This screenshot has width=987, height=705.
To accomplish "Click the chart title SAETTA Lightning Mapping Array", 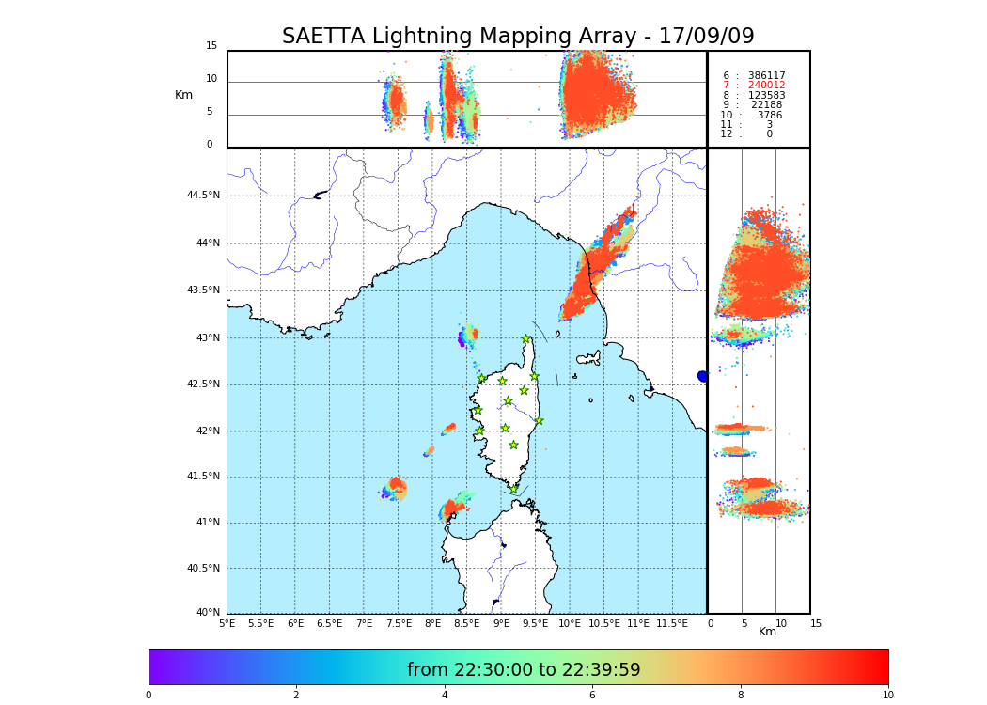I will [x=518, y=37].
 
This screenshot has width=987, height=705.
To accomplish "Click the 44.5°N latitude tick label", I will [x=202, y=196].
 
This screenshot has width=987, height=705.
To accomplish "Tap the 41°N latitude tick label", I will [x=207, y=523].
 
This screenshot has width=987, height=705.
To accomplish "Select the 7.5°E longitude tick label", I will [x=399, y=623].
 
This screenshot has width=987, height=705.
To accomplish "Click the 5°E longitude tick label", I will [x=227, y=623].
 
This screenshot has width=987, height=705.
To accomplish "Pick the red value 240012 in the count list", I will [x=766, y=86].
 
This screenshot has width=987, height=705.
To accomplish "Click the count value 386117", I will [x=766, y=76].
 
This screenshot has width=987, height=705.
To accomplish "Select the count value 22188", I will [x=766, y=105].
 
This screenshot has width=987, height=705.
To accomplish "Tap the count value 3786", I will [x=769, y=116].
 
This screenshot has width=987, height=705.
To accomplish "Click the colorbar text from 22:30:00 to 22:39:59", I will [x=524, y=670].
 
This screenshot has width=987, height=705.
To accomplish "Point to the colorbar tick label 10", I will [x=887, y=696].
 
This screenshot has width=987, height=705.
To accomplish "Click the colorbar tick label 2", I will [x=296, y=696].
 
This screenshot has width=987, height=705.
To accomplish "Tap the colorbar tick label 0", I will [x=149, y=696].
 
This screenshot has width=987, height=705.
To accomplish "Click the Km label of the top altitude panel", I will [x=183, y=95].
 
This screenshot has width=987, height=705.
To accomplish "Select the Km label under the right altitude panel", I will [x=768, y=632].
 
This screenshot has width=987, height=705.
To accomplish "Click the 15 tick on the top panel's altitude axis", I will [x=211, y=46].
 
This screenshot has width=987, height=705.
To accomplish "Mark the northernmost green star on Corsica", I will [x=526, y=339].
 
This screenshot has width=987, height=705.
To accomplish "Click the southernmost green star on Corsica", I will [x=513, y=489].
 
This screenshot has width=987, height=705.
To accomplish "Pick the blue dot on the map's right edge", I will [x=702, y=376].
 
